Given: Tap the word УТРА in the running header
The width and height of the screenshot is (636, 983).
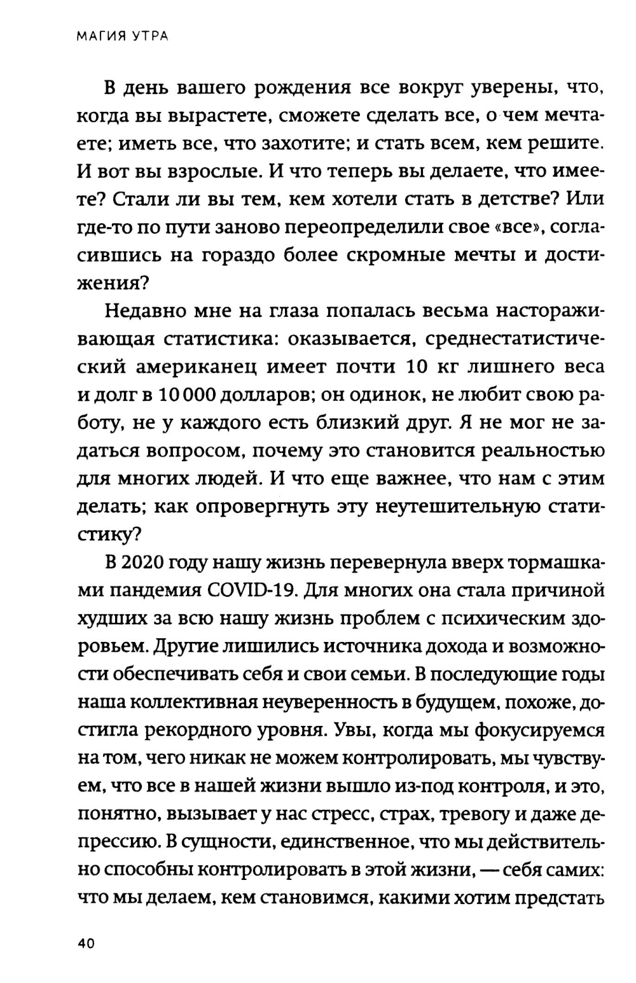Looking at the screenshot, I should (150, 36).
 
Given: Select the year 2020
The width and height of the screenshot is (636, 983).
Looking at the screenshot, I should (137, 562).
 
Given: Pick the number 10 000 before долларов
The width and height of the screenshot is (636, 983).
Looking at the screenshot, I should (185, 394).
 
